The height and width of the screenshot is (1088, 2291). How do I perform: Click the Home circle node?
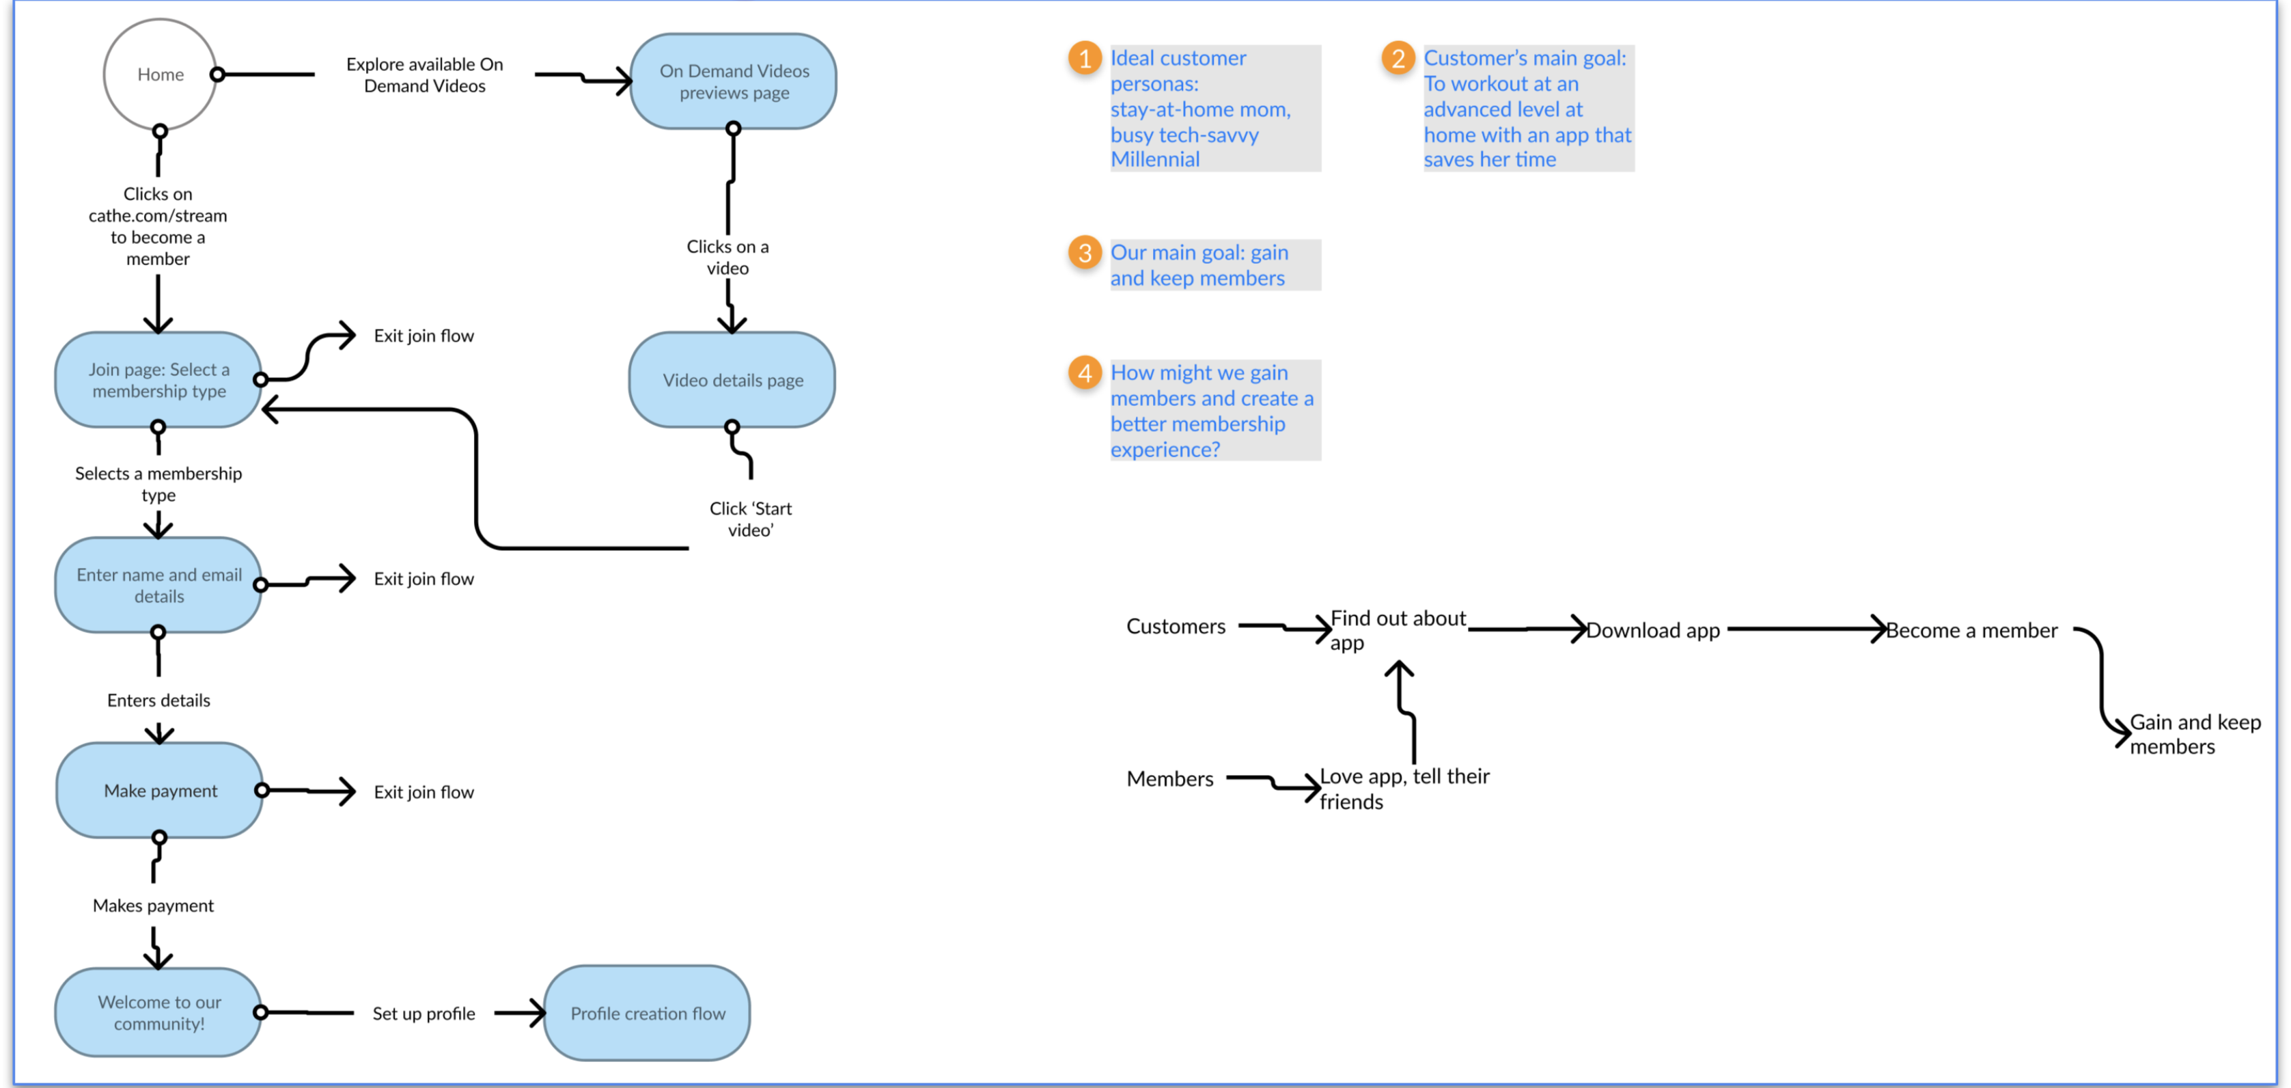(x=160, y=74)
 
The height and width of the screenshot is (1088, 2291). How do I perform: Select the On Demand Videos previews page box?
(x=734, y=82)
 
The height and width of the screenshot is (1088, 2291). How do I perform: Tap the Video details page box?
(x=732, y=381)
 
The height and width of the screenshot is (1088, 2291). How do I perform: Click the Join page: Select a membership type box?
(x=158, y=381)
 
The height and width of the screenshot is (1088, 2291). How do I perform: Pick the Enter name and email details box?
(x=158, y=586)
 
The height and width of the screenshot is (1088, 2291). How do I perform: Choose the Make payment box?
(x=160, y=791)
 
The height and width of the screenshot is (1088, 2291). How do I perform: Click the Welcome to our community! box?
(x=158, y=1012)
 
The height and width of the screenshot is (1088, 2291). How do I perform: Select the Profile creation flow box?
(x=647, y=1014)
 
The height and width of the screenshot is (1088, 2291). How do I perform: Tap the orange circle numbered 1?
(x=1084, y=59)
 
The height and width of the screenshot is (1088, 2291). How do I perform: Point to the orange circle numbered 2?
(x=1397, y=59)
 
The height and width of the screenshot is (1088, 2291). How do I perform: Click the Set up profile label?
(x=424, y=1014)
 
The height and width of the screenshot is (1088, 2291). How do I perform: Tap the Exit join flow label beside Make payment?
(x=424, y=792)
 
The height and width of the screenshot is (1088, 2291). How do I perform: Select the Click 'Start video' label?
(x=750, y=519)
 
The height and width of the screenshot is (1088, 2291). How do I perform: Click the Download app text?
(x=1652, y=631)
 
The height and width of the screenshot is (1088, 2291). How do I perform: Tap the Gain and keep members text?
(x=2193, y=734)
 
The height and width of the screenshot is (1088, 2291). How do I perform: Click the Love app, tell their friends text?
(x=1404, y=788)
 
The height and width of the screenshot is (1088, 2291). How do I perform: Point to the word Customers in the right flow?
(x=1175, y=626)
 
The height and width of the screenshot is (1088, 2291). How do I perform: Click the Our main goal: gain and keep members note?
(x=1198, y=265)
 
